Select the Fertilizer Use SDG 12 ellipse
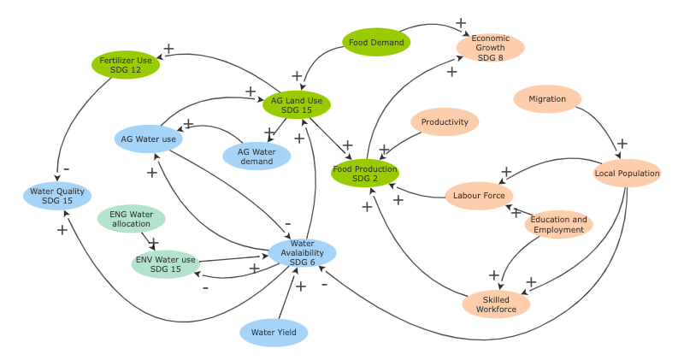tap(126, 65)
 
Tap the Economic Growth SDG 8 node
tap(490, 48)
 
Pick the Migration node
tap(547, 99)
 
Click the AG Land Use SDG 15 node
tap(296, 105)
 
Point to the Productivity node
tap(445, 122)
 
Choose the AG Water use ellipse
tap(148, 139)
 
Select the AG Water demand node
tap(256, 156)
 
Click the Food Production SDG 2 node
tap(365, 174)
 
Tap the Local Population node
tap(627, 174)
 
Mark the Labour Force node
tap(479, 196)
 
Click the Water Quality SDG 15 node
tap(57, 196)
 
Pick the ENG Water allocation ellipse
tap(131, 219)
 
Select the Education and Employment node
tap(558, 224)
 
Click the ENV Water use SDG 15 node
tap(165, 264)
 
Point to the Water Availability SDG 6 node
tap(302, 252)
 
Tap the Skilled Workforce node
tap(496, 304)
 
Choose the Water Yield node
tap(274, 333)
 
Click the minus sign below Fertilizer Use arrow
tap(66, 168)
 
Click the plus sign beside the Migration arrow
tap(622, 143)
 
